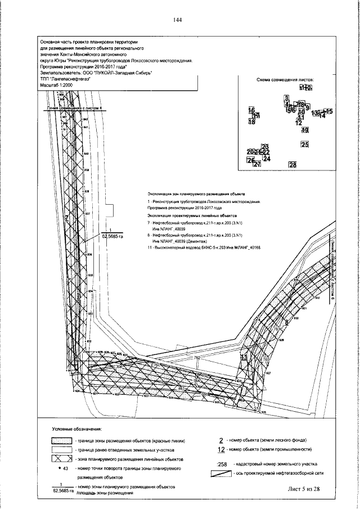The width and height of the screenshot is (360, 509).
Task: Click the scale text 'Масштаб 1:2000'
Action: click(56, 84)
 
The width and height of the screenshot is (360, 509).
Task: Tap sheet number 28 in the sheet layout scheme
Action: click(292, 165)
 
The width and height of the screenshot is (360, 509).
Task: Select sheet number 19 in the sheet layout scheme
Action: click(305, 130)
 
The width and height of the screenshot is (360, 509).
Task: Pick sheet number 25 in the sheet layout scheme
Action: click(305, 145)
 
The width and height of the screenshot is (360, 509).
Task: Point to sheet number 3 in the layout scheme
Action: click(286, 98)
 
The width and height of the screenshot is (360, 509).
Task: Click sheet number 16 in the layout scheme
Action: click(251, 110)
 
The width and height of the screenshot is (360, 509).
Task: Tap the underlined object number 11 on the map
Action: click(244, 357)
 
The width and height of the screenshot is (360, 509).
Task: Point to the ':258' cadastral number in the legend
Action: click(221, 465)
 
